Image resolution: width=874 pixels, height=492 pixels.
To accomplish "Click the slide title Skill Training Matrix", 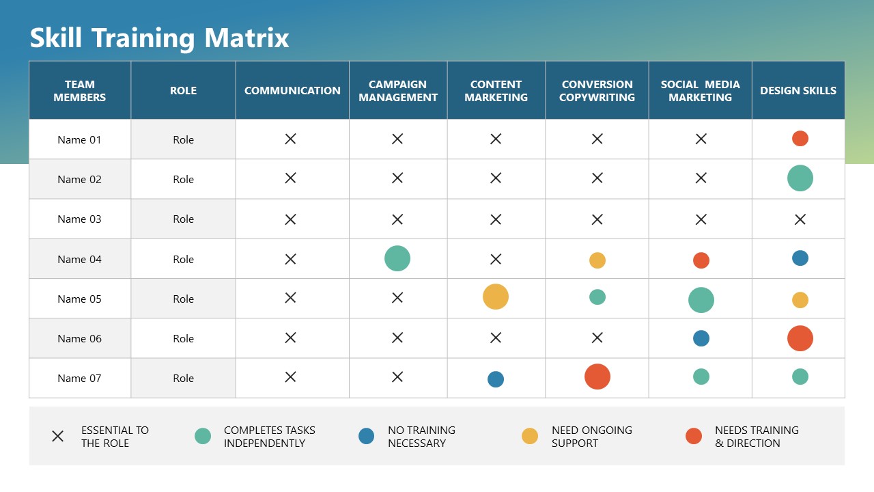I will tap(159, 38).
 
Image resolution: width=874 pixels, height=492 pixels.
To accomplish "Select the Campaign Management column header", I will tap(398, 91).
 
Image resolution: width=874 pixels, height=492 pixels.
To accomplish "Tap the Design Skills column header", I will tap(798, 91).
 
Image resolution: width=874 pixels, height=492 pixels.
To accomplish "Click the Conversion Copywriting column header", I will tap(597, 91).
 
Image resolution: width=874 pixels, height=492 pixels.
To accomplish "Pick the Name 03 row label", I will tap(79, 219).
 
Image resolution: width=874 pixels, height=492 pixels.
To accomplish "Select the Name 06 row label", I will tap(79, 339).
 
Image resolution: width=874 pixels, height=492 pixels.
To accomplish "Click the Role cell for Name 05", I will tap(183, 299).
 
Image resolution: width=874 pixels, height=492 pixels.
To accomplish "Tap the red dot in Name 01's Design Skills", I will tap(800, 139).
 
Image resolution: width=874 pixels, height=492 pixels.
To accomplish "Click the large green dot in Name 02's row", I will tap(800, 178).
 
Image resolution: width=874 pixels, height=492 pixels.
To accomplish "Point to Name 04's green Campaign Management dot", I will tap(397, 258).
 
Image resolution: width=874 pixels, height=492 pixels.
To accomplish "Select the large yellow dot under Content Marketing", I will tap(496, 297).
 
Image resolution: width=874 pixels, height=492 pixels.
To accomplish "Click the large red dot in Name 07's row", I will tap(597, 377).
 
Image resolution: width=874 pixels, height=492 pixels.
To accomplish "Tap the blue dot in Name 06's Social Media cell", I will tap(701, 338).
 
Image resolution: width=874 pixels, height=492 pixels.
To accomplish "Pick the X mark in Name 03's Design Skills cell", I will tap(800, 219).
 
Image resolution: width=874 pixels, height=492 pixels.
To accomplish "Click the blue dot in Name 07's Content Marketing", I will tap(496, 379).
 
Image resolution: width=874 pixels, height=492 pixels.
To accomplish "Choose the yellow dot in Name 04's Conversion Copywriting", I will tap(597, 260).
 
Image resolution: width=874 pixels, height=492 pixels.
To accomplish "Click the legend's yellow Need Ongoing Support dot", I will tap(530, 436).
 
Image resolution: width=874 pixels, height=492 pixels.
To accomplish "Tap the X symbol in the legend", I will tap(58, 436).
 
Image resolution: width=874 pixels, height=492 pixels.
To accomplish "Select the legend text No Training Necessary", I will tap(421, 437).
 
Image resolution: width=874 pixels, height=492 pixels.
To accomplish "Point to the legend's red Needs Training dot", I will tap(694, 436).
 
